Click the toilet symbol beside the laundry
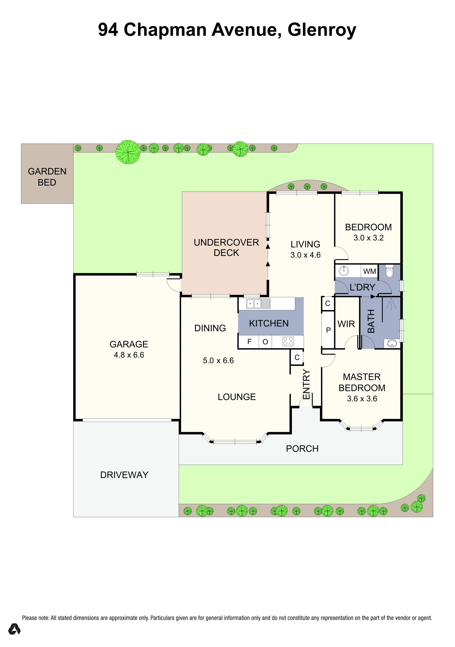(x=389, y=271)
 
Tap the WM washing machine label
(x=369, y=271)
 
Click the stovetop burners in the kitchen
(x=288, y=341)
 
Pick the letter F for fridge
(x=249, y=342)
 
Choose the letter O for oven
(x=265, y=342)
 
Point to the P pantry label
(x=328, y=330)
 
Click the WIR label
(x=346, y=324)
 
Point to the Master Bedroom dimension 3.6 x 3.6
(x=362, y=398)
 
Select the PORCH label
(x=302, y=449)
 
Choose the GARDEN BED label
(x=47, y=177)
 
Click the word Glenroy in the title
(x=322, y=30)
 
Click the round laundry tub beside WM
(x=344, y=271)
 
